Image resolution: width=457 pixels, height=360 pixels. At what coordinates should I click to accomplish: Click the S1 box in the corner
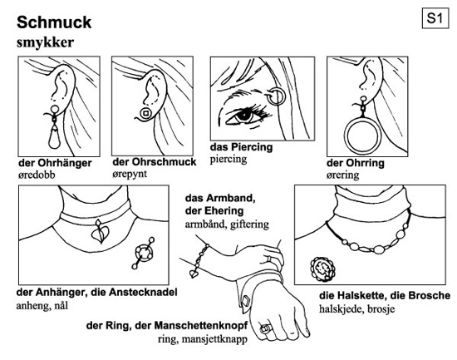(x=435, y=18)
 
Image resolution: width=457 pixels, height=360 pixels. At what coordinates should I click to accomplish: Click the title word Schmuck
(x=54, y=22)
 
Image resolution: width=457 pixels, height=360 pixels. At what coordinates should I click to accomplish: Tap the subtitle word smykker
(x=45, y=42)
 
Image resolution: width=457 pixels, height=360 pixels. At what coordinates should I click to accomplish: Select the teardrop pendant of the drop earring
(x=54, y=138)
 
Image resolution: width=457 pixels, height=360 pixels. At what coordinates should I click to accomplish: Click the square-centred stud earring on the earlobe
(x=145, y=113)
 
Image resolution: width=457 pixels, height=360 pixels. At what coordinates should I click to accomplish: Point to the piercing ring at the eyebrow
(x=275, y=96)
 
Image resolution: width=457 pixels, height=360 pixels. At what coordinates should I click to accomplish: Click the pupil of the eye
(x=243, y=116)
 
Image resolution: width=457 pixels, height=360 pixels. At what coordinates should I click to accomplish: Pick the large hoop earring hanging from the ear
(x=362, y=135)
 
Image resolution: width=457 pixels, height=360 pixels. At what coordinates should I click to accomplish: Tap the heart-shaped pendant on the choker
(x=100, y=231)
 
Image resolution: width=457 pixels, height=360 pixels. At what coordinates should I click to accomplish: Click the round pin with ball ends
(x=143, y=253)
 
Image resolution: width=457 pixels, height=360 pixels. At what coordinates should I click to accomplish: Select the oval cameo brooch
(x=322, y=269)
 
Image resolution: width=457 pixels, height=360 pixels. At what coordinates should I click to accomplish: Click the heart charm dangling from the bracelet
(x=194, y=274)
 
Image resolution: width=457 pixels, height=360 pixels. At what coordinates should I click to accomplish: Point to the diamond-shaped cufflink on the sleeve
(x=245, y=301)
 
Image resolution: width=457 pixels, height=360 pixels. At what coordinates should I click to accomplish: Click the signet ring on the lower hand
(x=266, y=328)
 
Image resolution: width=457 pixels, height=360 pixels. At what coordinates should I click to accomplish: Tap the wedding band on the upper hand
(x=269, y=259)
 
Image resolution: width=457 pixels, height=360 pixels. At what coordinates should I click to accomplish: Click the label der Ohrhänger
(x=55, y=163)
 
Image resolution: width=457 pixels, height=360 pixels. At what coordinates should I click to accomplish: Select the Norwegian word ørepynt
(x=130, y=174)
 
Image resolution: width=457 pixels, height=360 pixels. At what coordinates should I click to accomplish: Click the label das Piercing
(x=241, y=147)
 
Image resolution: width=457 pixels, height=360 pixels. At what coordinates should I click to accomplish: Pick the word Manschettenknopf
(x=201, y=325)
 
